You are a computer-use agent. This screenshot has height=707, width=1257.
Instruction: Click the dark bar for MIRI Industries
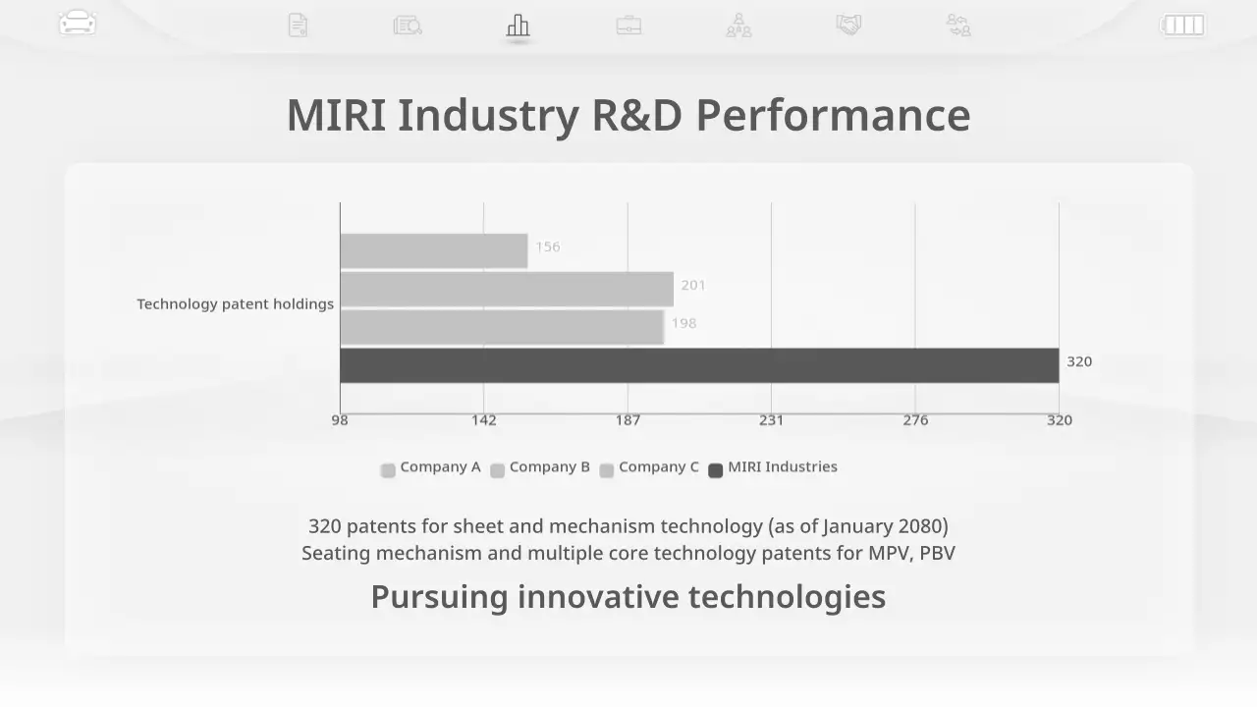(x=699, y=365)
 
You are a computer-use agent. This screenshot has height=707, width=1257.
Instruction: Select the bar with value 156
(x=433, y=251)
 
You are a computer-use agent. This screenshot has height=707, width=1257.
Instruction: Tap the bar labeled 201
(x=507, y=290)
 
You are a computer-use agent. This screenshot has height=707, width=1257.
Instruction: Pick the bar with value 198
(x=502, y=327)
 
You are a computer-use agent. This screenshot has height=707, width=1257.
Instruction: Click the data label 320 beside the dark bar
(x=1079, y=361)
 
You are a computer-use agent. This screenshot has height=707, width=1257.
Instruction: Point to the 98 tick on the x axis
(x=340, y=420)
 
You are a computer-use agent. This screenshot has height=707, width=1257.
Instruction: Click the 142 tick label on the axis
(x=483, y=420)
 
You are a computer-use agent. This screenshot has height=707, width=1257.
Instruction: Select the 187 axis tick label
(x=628, y=420)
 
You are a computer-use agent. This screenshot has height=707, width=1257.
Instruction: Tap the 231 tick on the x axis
(x=771, y=420)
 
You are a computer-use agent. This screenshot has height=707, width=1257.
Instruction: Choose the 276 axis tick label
(x=915, y=420)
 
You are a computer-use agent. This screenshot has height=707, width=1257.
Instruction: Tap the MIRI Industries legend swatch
(x=716, y=470)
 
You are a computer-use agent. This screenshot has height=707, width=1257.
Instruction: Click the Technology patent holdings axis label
(x=235, y=304)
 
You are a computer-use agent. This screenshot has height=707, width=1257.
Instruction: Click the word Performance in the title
(x=833, y=115)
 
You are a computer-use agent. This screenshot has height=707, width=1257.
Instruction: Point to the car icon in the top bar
(x=78, y=24)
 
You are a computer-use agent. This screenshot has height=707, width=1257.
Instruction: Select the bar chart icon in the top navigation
(x=518, y=26)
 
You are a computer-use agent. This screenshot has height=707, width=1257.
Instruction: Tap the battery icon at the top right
(x=1182, y=25)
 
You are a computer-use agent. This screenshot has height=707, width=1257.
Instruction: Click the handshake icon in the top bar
(x=848, y=25)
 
